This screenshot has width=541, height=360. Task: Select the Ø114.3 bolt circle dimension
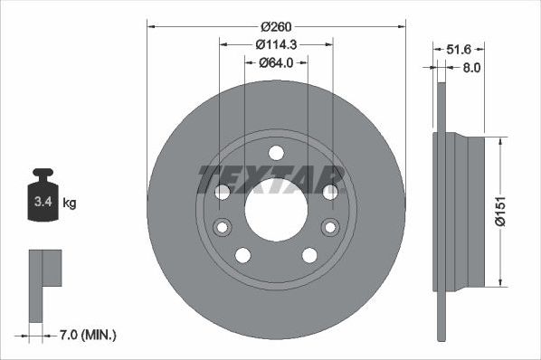pyautogui.click(x=276, y=44)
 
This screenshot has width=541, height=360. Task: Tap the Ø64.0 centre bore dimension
pyautogui.click(x=277, y=62)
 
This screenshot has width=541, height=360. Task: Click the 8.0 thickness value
pyautogui.click(x=470, y=67)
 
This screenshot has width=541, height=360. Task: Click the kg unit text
pyautogui.click(x=69, y=203)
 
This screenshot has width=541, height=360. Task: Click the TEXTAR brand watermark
pyautogui.click(x=271, y=179)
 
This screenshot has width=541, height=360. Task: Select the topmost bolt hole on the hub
pyautogui.click(x=276, y=152)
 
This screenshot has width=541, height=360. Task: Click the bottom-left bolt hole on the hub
pyautogui.click(x=242, y=255)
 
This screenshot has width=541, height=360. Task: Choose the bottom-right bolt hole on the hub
pyautogui.click(x=309, y=255)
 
